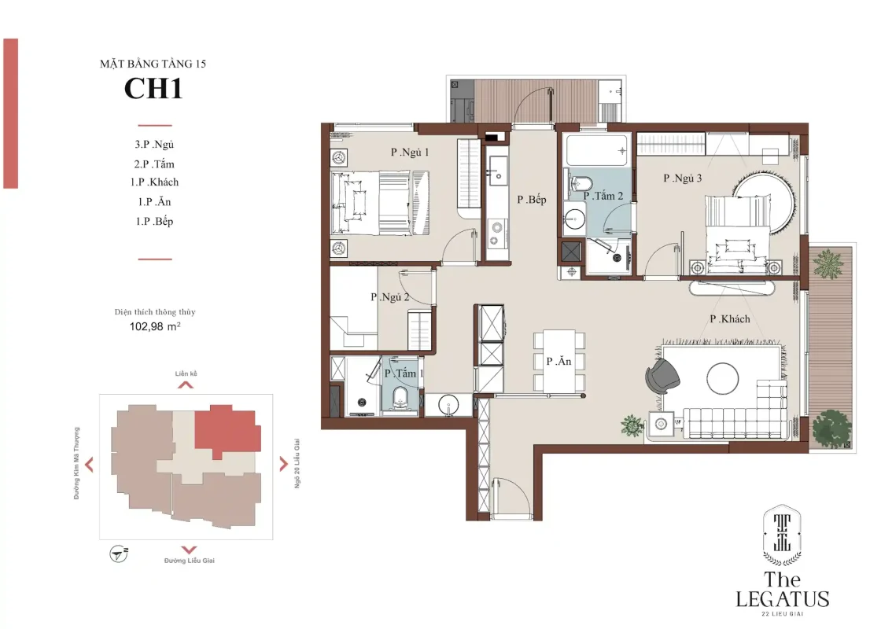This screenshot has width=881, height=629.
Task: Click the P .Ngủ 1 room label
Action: pyautogui.click(x=410, y=153)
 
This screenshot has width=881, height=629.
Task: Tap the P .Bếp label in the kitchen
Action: pyautogui.click(x=532, y=200)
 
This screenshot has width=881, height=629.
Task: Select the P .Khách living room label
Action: pyautogui.click(x=730, y=319)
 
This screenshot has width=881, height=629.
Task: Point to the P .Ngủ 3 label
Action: pyautogui.click(x=682, y=178)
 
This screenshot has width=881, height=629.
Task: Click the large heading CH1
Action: pyautogui.click(x=153, y=88)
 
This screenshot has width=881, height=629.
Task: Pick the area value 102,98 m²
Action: pyautogui.click(x=155, y=326)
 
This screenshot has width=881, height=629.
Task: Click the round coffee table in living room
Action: pyautogui.click(x=723, y=378)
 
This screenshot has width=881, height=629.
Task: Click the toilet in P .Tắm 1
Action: pyautogui.click(x=400, y=397)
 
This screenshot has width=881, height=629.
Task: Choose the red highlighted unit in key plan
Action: pyautogui.click(x=227, y=432)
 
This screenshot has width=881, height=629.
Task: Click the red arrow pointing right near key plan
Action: pyautogui.click(x=283, y=464)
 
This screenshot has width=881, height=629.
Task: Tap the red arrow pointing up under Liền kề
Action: pyautogui.click(x=186, y=384)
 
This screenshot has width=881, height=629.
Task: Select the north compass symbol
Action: pyautogui.click(x=119, y=554)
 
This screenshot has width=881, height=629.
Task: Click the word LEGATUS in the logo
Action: pyautogui.click(x=782, y=598)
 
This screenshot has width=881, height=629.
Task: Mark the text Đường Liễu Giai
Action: pyautogui.click(x=190, y=561)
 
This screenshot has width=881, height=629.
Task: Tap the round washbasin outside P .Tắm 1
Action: pyautogui.click(x=448, y=405)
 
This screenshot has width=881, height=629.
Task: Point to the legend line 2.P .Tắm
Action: pyautogui.click(x=154, y=164)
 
